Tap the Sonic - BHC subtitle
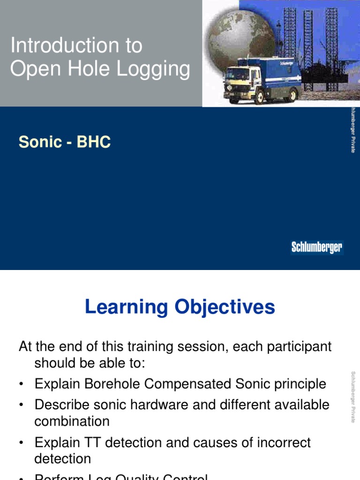coord(65,142)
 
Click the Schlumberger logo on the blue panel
coord(317,247)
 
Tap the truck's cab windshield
coord(236,75)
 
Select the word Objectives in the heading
coord(225,307)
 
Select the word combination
coord(72,420)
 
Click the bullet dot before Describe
coord(22,405)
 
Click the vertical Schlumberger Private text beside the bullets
coord(353,397)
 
